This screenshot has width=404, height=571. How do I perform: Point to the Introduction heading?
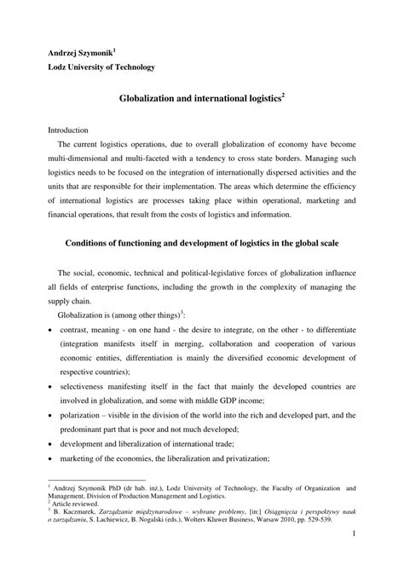(x=67, y=130)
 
